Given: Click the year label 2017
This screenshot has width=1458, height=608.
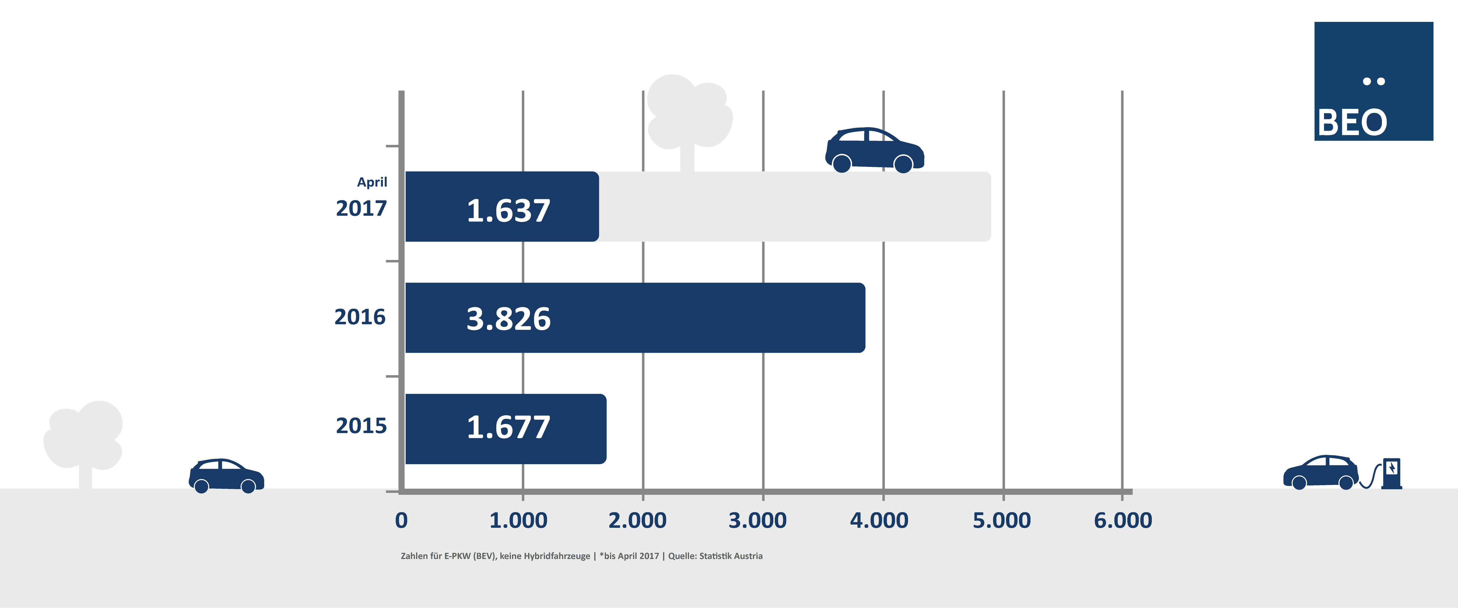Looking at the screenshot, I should [x=361, y=208].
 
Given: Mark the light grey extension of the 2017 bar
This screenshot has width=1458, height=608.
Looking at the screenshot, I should [x=792, y=207].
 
